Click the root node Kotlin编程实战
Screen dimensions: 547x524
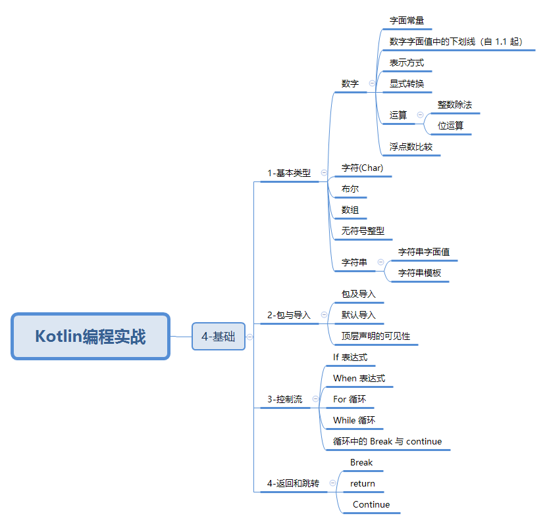point(90,336)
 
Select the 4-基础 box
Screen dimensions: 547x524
point(219,336)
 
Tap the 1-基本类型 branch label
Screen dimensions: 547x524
point(289,173)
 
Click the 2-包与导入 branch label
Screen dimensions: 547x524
point(289,315)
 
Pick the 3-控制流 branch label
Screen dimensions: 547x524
point(284,399)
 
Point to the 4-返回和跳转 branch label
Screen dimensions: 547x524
point(293,483)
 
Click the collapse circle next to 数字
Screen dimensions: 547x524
point(372,83)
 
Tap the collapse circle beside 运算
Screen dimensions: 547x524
point(421,114)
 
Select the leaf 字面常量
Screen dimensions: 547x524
point(407,20)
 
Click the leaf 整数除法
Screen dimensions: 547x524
point(455,105)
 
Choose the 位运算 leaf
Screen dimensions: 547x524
point(450,126)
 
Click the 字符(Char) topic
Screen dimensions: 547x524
point(362,168)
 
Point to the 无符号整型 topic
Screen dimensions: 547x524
point(363,231)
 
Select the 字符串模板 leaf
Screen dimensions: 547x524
point(420,273)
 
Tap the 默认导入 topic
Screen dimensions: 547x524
point(358,315)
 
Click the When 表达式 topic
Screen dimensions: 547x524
point(359,378)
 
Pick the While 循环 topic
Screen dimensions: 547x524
point(354,420)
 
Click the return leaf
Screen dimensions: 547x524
point(363,484)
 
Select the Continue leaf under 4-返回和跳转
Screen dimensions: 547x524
point(371,504)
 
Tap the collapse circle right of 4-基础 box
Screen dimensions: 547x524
point(249,337)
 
